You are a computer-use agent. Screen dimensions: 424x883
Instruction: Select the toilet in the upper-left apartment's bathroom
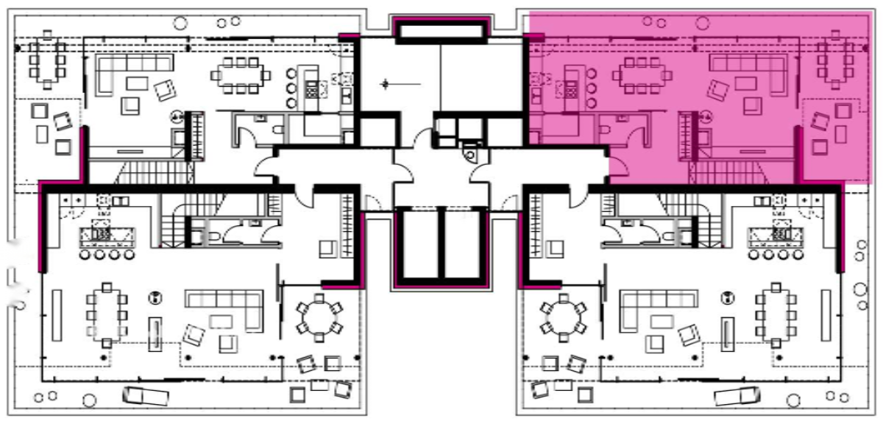click(278, 130)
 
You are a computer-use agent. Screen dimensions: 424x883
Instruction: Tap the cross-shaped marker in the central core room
click(384, 84)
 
